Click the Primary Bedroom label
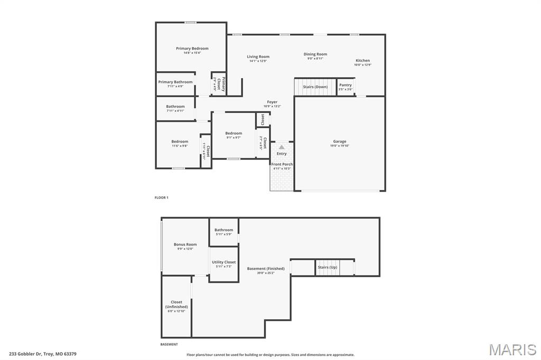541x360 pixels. (192, 49)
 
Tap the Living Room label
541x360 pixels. (258, 56)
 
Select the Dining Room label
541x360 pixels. (315, 54)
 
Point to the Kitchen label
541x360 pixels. (362, 60)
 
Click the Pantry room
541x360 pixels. (346, 87)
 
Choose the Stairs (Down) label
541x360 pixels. (315, 87)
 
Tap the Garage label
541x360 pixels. (339, 141)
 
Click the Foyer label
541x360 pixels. (272, 102)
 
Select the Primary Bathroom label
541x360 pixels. (175, 82)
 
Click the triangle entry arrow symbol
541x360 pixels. (282, 147)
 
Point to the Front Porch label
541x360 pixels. (282, 164)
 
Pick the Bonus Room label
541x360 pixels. (185, 244)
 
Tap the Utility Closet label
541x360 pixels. (223, 262)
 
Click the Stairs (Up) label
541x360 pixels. (327, 267)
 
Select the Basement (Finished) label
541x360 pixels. (266, 269)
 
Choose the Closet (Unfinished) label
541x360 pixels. (176, 305)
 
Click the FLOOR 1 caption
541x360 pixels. (161, 197)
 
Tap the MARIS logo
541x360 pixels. (512, 349)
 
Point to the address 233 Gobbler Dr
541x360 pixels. (42, 354)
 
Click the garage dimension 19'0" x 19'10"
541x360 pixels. (339, 146)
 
